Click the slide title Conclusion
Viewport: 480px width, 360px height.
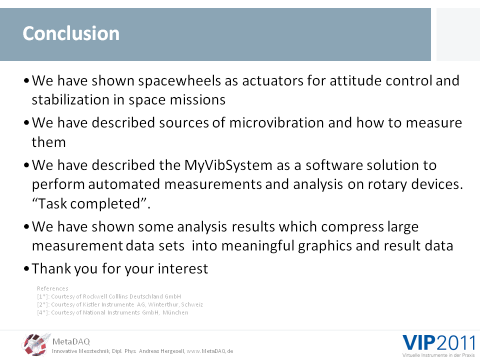(x=71, y=33)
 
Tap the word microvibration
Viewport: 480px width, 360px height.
(x=276, y=123)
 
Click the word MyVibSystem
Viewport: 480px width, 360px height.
(x=228, y=165)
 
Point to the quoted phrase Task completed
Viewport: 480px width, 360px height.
(x=91, y=204)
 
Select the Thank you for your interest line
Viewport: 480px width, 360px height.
(x=120, y=269)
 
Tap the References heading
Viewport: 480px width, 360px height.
(x=52, y=288)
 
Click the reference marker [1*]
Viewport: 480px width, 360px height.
(x=43, y=296)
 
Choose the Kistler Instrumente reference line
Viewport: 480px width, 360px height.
(x=120, y=304)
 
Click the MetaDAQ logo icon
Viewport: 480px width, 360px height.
(x=35, y=344)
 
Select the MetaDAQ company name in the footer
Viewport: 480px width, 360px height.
(x=71, y=341)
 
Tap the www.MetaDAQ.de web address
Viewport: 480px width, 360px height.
(x=210, y=351)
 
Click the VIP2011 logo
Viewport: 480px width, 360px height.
(x=438, y=343)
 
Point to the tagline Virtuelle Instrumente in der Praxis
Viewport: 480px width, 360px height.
(x=438, y=355)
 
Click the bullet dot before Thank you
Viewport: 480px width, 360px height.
(x=26, y=269)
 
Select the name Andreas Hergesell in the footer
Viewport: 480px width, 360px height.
(x=161, y=351)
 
